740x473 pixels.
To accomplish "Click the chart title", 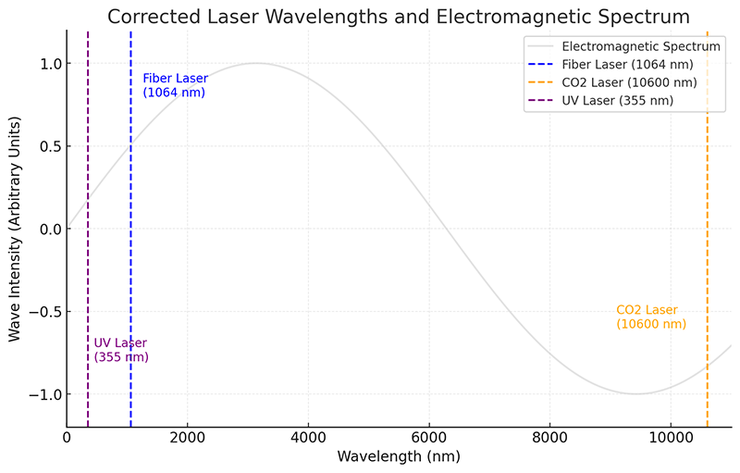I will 398,16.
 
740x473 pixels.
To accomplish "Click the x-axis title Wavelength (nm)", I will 398,456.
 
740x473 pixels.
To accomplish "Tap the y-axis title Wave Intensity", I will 15,229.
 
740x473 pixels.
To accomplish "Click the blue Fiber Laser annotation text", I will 175,85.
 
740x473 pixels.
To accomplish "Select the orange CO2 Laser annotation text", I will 651,317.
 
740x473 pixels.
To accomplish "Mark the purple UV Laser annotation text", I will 121,350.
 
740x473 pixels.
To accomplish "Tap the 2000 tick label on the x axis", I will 187,437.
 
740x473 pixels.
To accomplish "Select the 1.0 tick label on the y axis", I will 48,64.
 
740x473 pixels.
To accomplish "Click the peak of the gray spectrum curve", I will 256,64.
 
